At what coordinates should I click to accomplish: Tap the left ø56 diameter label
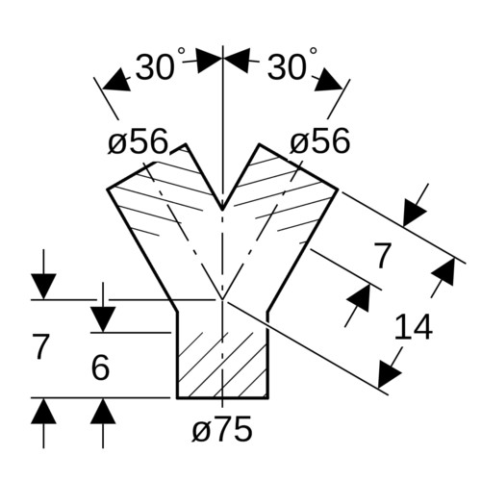click(138, 140)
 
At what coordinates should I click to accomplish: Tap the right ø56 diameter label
click(319, 140)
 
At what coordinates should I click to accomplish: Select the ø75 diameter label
click(222, 429)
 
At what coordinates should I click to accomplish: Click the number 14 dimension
click(414, 327)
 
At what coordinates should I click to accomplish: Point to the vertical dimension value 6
click(100, 367)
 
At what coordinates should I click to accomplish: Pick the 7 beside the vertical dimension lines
click(40, 346)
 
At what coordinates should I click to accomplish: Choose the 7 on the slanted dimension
click(383, 256)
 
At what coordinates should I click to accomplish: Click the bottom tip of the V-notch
click(222, 210)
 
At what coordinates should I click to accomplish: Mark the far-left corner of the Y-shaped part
click(107, 190)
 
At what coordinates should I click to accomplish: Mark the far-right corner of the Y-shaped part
click(338, 190)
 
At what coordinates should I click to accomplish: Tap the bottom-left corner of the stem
click(177, 398)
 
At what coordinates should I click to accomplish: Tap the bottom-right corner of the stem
click(267, 398)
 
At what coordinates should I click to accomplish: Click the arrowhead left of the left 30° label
click(115, 81)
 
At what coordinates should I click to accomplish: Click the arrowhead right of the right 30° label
click(329, 80)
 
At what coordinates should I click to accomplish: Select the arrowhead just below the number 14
click(388, 373)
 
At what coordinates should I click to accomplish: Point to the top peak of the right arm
click(260, 144)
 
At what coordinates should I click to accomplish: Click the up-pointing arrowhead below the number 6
click(103, 411)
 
